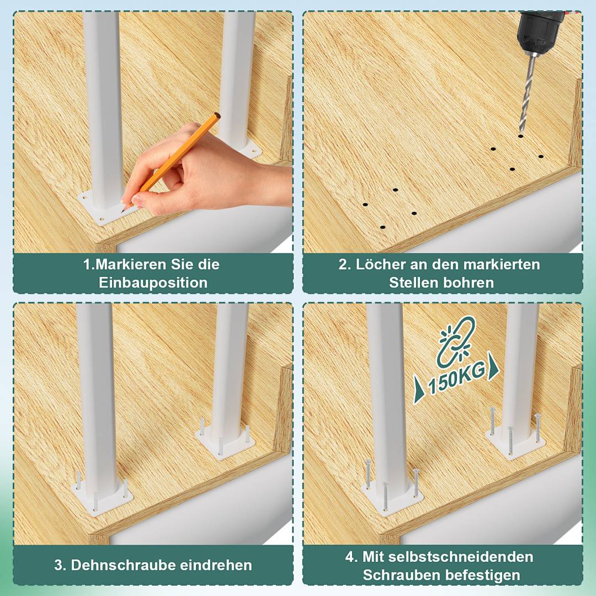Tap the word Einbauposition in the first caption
coord(153,283)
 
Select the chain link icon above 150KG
coord(456,342)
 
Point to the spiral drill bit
coord(526,94)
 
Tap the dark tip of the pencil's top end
coord(217,115)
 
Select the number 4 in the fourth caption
coord(351,556)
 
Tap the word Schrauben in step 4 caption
coord(394,574)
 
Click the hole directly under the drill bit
coord(520,135)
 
